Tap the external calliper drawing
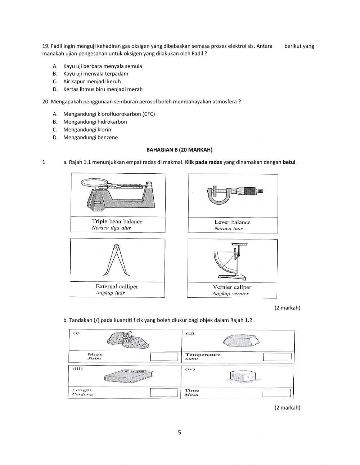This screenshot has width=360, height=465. pos(116,260)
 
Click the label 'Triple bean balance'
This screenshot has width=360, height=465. pos(117,222)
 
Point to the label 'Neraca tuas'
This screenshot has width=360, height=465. pos(229,229)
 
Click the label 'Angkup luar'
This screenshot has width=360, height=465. pos(110,293)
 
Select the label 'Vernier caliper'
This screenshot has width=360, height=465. pos(232,287)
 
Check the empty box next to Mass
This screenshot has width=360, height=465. pos(164,357)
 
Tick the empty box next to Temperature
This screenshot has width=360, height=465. pos(277,357)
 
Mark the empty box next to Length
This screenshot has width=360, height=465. pos(164,392)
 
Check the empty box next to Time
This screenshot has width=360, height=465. pos(276,393)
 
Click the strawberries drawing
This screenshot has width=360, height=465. pos(128,340)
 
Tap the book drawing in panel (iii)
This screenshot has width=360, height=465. pos(129,376)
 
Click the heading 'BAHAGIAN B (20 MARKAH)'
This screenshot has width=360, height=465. pos(180,149)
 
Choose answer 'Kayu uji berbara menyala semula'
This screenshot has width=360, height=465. pos(103,66)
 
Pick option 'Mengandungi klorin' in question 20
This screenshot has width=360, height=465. pos(87,130)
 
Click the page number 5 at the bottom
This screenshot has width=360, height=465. pos(179,433)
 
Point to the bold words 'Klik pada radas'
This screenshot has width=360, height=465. pos(203,162)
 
